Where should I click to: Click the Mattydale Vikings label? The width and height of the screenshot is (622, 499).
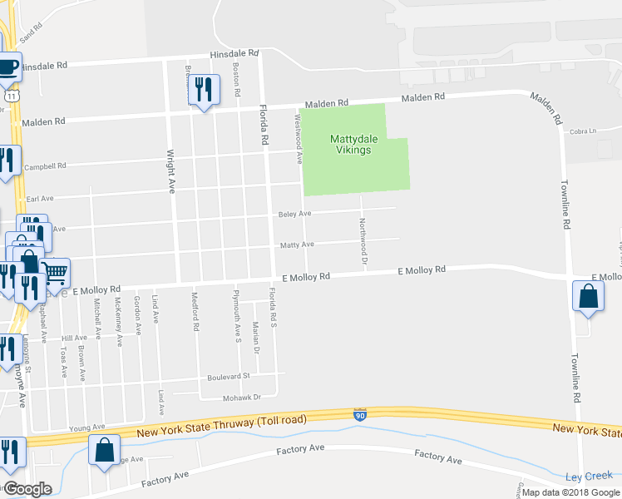(x=355, y=144)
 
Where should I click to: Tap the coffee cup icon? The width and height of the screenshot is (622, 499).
(x=7, y=67)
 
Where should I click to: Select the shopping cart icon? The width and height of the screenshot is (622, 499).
(x=55, y=271)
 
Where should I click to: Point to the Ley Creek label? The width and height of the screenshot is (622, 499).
(x=588, y=477)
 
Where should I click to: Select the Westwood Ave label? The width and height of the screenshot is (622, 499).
(x=297, y=137)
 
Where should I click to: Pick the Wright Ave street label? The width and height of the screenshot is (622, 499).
(x=171, y=170)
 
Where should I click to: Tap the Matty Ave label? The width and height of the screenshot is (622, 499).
(x=297, y=245)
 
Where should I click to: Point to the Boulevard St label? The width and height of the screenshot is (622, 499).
(x=229, y=377)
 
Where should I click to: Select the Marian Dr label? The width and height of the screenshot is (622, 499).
(x=256, y=338)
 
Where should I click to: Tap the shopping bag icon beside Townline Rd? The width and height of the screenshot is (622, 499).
(x=588, y=296)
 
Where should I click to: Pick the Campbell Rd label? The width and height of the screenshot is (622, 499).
(x=45, y=166)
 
